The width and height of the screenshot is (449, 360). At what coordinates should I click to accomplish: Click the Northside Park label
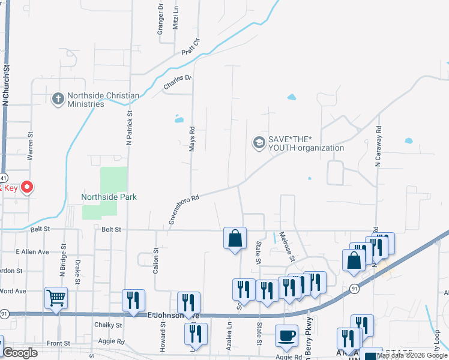(109, 197)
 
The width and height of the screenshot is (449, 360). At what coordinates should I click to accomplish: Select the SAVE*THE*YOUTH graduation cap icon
(259, 143)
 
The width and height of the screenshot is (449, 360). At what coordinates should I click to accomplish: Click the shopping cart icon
(56, 296)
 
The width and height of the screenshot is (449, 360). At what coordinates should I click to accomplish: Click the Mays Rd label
(192, 139)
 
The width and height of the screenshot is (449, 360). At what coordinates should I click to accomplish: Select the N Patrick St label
(129, 127)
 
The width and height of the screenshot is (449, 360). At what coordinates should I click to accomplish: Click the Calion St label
(155, 262)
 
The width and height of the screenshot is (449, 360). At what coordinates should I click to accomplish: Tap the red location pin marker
(27, 187)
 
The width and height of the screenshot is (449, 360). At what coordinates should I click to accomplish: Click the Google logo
(20, 353)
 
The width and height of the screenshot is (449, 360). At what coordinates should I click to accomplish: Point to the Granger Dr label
(161, 19)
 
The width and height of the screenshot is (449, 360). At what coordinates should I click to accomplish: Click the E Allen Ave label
(32, 251)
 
